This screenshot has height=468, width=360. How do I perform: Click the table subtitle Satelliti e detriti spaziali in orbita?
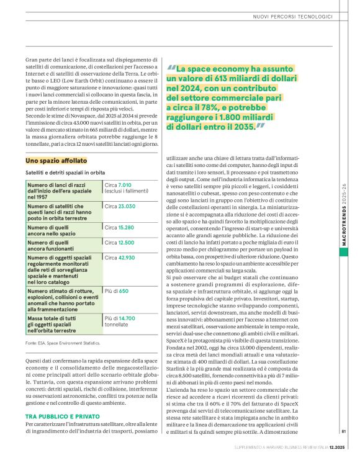click(65, 172)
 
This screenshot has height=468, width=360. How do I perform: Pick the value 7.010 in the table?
click(125, 185)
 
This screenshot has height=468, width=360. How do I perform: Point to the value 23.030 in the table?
click(127, 205)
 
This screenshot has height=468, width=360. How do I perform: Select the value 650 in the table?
click(123, 290)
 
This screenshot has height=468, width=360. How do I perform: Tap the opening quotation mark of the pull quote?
click(172, 66)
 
